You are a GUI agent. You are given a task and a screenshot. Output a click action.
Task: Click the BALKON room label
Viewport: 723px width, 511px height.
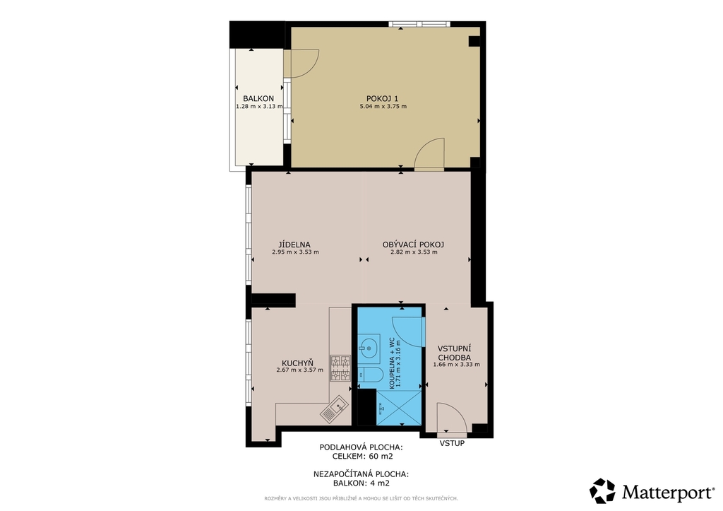click(258, 98)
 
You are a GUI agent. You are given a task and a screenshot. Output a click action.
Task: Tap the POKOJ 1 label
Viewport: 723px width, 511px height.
click(382, 98)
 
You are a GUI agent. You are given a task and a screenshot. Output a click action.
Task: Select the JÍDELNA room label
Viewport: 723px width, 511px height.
click(294, 245)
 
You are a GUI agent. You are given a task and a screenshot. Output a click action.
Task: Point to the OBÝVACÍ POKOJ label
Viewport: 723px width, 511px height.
click(413, 245)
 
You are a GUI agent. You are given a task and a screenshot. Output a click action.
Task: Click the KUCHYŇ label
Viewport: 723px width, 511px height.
click(297, 363)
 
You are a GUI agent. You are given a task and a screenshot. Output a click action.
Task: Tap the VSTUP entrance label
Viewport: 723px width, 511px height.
click(452, 444)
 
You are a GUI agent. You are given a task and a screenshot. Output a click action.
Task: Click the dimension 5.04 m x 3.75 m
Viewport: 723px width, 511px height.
click(383, 107)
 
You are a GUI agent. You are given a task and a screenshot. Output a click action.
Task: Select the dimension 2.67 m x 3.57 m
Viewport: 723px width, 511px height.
click(299, 370)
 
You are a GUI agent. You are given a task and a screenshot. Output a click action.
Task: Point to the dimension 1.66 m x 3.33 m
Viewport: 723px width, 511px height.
click(457, 364)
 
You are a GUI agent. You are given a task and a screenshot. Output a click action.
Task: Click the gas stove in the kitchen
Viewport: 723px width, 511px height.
click(340, 368)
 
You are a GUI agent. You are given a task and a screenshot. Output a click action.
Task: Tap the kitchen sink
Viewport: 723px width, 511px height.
click(334, 409)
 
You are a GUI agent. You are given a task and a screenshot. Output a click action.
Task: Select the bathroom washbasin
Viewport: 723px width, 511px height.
click(369, 347)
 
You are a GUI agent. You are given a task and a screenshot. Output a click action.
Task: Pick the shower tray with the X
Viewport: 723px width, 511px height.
click(400, 407)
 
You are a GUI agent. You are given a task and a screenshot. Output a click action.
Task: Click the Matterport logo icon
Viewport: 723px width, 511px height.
click(602, 491)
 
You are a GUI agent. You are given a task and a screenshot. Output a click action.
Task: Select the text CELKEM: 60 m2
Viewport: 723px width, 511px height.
click(362, 457)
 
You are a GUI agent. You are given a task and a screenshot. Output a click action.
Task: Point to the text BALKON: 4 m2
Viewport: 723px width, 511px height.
click(361, 483)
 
